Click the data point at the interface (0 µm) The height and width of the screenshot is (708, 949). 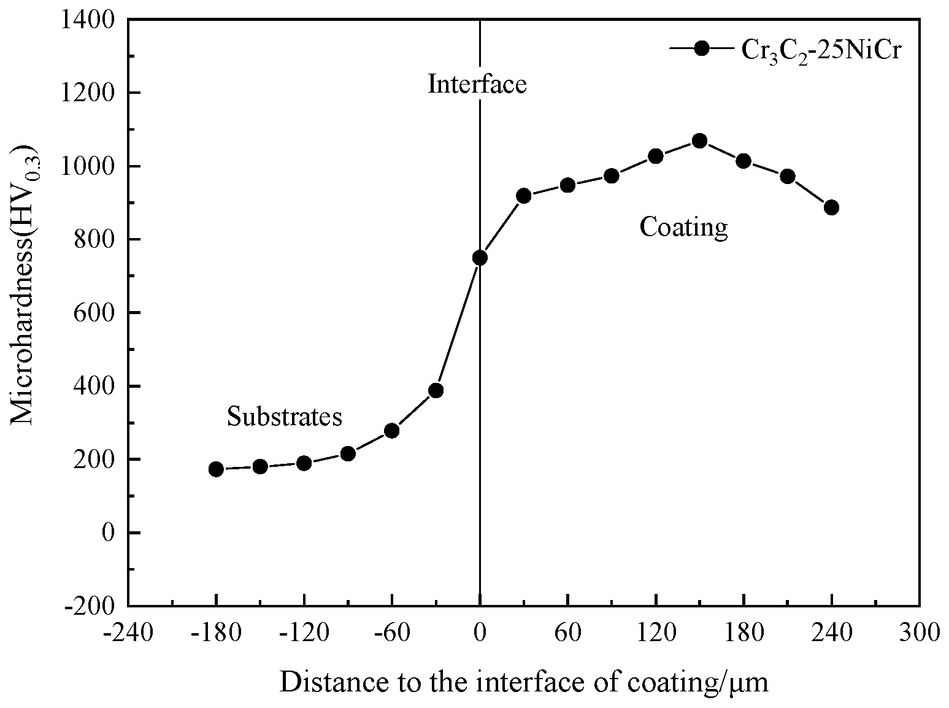point(480,258)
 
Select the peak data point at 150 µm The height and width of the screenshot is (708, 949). point(699,141)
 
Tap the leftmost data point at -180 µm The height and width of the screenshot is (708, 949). point(216,469)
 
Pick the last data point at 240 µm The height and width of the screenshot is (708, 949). point(831,207)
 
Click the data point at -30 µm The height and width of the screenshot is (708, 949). point(436,391)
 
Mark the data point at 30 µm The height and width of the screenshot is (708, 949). point(523,196)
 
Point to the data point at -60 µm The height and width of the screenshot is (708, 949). point(392,431)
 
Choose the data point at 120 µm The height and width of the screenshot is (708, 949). point(656,156)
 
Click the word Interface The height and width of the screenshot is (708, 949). point(477,84)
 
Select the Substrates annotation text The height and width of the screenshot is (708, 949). point(284,417)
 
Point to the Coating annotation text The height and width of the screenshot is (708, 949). point(683,227)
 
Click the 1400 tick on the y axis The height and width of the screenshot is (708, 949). point(93,20)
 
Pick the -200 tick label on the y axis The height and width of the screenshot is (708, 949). point(93,606)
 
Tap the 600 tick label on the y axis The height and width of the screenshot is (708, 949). point(98,313)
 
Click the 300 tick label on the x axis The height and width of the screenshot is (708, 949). point(919,633)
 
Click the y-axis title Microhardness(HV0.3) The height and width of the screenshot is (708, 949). point(25,285)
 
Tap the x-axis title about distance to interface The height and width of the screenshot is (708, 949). point(523,682)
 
